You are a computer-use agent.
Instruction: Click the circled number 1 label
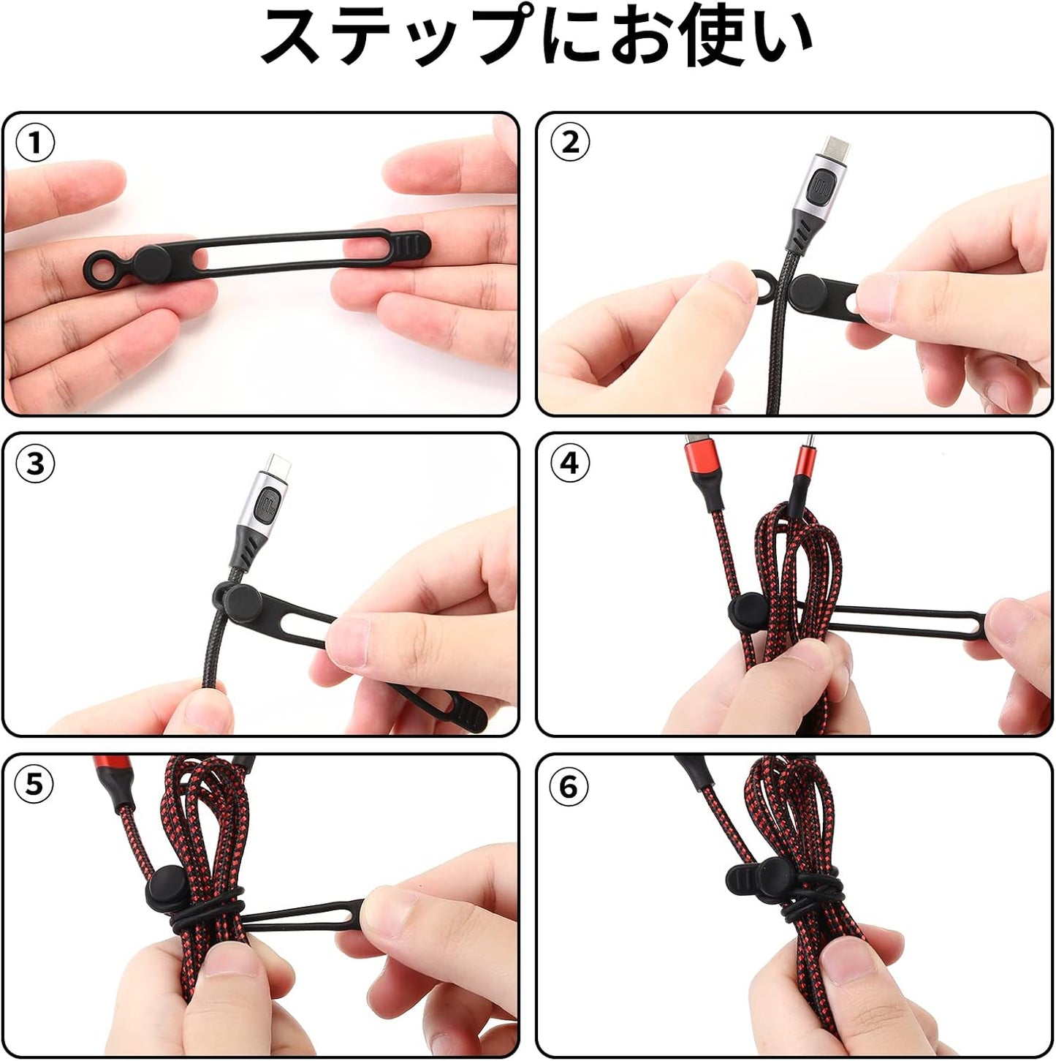tap(34, 143)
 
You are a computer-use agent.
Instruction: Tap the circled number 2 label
tap(569, 143)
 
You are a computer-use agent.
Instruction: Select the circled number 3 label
tap(34, 464)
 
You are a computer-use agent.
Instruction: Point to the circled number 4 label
tap(569, 464)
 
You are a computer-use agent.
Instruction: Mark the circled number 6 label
tap(569, 787)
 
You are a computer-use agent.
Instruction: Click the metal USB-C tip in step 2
tap(834, 150)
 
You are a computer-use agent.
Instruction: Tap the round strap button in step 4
tap(747, 609)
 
